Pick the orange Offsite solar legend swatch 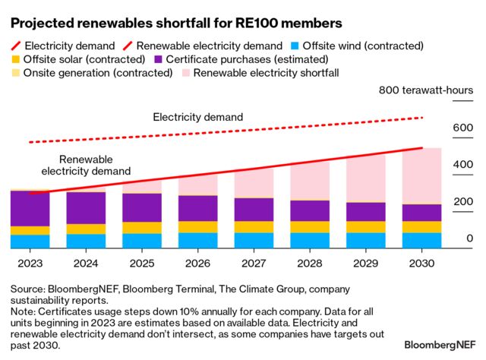(x=14, y=59)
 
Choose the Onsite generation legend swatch (x=14, y=74)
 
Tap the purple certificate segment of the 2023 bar (x=30, y=208)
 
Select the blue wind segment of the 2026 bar (x=197, y=240)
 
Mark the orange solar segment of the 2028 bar (x=310, y=226)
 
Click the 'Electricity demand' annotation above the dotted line (x=197, y=117)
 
